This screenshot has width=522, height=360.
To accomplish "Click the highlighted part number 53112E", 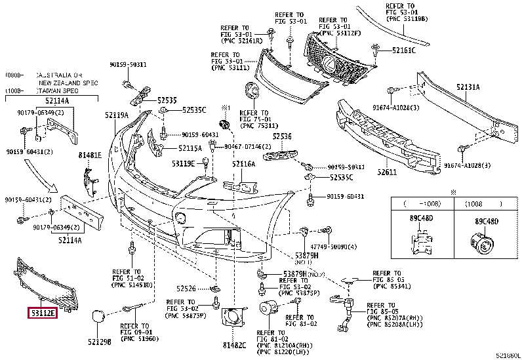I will tap(42, 313).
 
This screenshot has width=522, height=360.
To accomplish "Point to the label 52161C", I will tap(405, 50).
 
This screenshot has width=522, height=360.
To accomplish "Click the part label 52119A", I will tap(116, 115).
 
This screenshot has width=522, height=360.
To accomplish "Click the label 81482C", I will tap(233, 346).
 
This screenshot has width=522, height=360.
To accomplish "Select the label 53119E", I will tap(184, 163).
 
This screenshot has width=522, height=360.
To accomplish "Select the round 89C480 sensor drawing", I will tap(485, 244).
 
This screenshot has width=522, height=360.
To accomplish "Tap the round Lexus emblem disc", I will tap(251, 91).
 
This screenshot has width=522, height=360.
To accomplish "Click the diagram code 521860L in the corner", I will tap(506, 355).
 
